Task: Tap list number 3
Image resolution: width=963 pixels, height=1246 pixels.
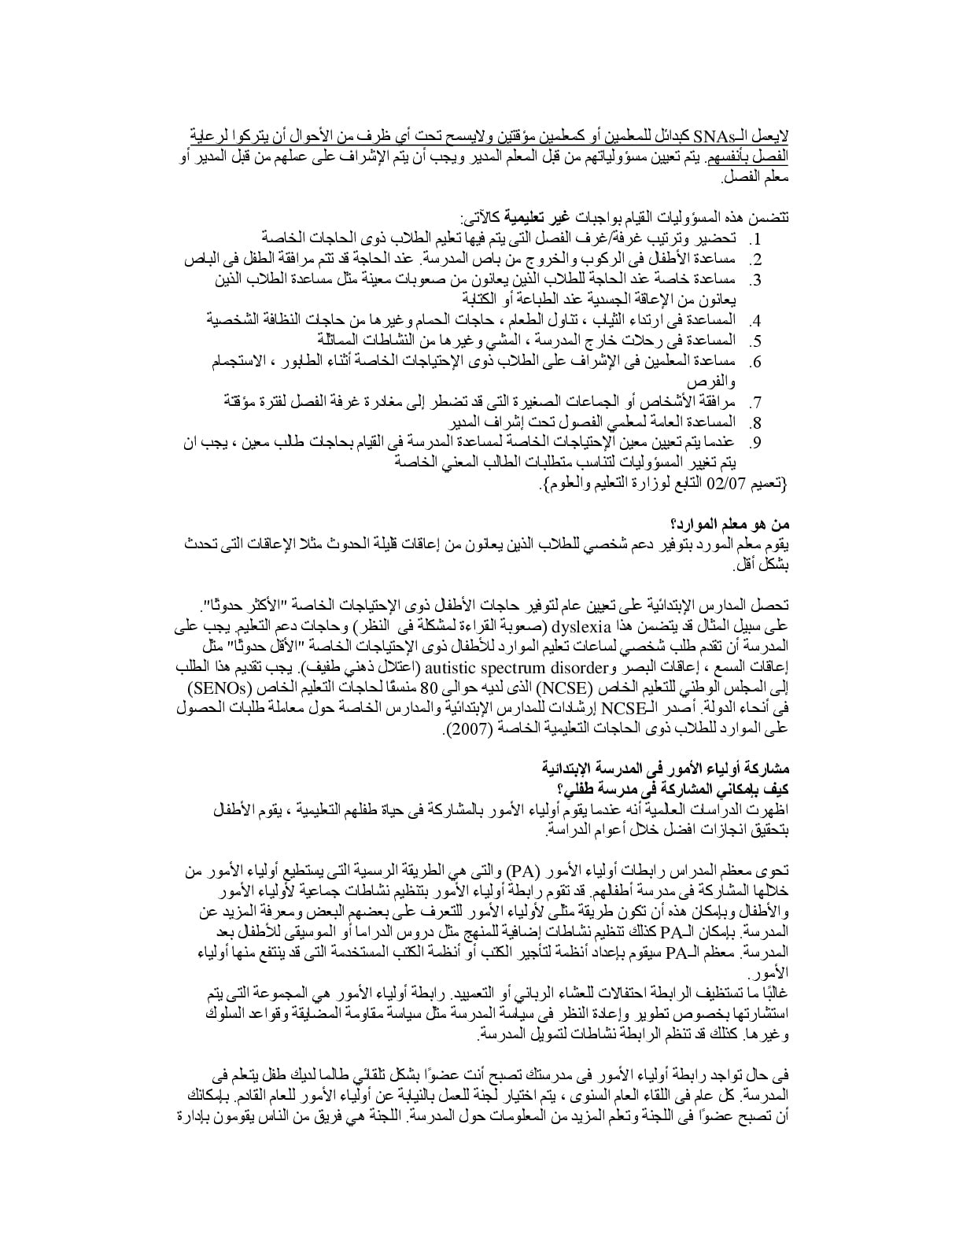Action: (754, 280)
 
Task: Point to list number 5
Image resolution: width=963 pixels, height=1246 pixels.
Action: (754, 341)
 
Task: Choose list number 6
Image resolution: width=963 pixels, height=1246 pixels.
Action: (754, 362)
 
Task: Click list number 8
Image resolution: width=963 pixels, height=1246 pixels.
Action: (754, 423)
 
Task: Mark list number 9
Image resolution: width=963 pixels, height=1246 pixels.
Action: (754, 444)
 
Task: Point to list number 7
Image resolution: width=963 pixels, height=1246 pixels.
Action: (754, 403)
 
